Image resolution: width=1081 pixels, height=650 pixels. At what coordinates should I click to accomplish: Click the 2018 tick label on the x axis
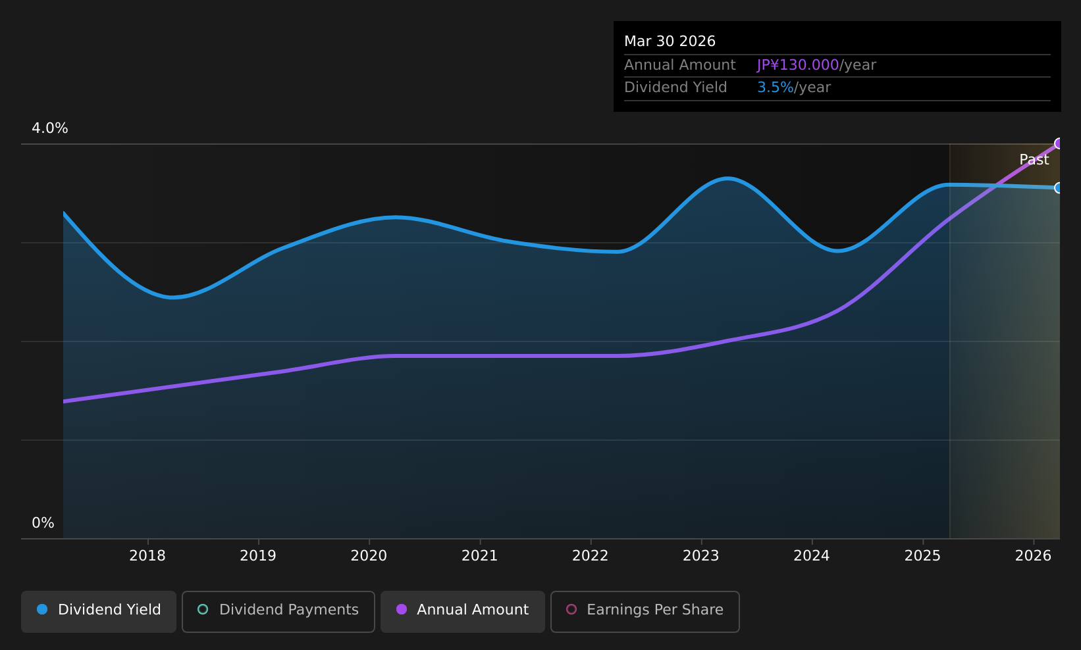click(147, 556)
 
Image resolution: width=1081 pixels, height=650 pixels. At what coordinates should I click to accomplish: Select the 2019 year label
click(258, 556)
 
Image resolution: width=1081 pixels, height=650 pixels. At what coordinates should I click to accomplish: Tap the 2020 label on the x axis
click(369, 556)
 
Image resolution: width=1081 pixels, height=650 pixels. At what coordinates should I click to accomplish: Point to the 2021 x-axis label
click(479, 556)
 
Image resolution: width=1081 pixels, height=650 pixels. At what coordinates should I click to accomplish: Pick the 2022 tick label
click(590, 556)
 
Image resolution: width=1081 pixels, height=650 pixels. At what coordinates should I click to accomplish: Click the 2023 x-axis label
click(700, 556)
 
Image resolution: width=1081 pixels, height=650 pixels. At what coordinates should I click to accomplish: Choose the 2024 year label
click(811, 556)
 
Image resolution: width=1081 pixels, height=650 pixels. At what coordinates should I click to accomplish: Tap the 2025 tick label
click(922, 556)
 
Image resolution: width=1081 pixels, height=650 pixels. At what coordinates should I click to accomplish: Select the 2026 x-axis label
click(1033, 556)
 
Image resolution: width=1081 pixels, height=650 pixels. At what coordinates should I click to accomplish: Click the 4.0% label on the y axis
click(50, 128)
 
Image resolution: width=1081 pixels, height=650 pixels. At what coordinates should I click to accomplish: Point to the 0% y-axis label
click(43, 523)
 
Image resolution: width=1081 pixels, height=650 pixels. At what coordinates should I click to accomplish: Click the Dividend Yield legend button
click(99, 610)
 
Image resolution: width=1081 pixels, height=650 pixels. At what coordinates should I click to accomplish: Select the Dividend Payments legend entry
click(278, 610)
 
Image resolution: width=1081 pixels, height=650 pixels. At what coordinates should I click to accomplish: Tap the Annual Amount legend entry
click(462, 610)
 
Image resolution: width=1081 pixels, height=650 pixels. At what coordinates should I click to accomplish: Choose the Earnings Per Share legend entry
click(645, 610)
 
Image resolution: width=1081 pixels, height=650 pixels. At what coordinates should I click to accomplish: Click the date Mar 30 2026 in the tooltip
click(670, 41)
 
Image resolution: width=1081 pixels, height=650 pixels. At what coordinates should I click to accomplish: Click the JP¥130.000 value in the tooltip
click(797, 65)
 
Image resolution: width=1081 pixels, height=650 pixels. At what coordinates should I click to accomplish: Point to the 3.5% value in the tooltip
click(775, 87)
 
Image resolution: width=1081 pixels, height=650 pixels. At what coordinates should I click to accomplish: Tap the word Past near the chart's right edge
click(1034, 160)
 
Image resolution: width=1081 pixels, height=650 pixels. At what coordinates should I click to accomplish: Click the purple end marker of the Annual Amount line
click(1059, 143)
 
